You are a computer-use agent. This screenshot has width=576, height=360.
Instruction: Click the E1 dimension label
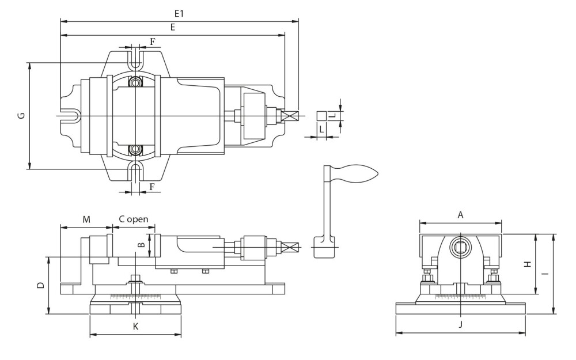click(x=179, y=14)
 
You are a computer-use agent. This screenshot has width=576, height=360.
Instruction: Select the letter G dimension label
click(x=22, y=115)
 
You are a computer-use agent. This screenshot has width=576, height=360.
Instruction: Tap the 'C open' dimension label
click(x=134, y=219)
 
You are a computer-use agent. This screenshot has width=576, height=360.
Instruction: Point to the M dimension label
click(x=86, y=219)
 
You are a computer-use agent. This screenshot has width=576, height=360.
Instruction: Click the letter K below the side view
click(x=135, y=326)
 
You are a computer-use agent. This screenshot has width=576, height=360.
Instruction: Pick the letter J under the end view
click(x=461, y=324)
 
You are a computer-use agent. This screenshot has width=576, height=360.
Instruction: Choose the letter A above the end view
click(x=460, y=215)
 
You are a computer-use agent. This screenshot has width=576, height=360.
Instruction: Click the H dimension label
click(x=528, y=264)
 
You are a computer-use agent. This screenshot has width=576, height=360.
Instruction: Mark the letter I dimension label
click(x=547, y=274)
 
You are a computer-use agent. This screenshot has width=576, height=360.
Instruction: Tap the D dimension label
click(x=41, y=285)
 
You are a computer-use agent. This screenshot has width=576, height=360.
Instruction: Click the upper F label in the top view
click(x=153, y=41)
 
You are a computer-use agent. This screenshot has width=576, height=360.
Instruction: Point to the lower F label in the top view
click(x=151, y=187)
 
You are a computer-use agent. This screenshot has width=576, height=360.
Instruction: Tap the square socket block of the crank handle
click(x=324, y=247)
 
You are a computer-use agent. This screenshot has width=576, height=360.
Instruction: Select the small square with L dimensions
click(x=322, y=116)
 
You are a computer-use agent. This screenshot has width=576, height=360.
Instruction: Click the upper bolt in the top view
click(x=135, y=82)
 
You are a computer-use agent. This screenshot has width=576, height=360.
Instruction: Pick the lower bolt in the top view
click(x=135, y=149)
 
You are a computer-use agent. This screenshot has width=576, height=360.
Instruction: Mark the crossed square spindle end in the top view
click(x=290, y=116)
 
